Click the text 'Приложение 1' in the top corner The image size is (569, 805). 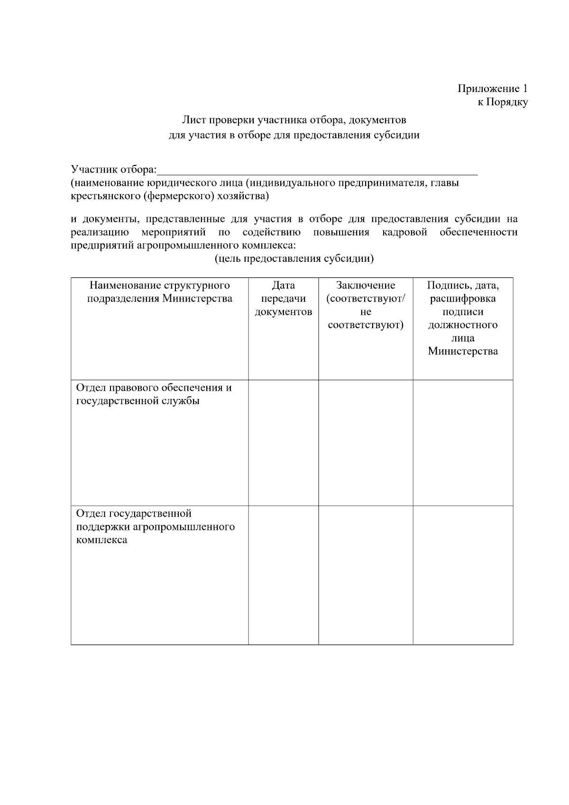coord(492,89)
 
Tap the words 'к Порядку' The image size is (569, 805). coord(502,102)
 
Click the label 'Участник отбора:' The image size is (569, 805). coord(113,169)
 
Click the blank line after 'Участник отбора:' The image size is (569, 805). coord(317,171)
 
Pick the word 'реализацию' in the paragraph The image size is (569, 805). coord(100,232)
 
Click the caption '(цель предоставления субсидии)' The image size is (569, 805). coord(294,259)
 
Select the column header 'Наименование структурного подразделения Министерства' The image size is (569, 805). coord(160,292)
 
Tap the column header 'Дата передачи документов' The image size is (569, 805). coord(284,298)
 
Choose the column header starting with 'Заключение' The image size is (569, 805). coord(366,305)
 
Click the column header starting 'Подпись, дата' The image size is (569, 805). coord(463,318)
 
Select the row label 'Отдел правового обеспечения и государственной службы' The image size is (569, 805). coord(154,394)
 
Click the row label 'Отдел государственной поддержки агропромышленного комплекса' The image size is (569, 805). coord(156,527)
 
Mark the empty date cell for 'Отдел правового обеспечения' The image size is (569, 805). coord(284,443)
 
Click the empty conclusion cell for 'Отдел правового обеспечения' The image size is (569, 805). coord(366,443)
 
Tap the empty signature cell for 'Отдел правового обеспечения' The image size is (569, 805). coord(463,443)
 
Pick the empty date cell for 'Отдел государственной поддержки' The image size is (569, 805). coord(284,575)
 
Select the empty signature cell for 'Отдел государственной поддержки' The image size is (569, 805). coord(463,575)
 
